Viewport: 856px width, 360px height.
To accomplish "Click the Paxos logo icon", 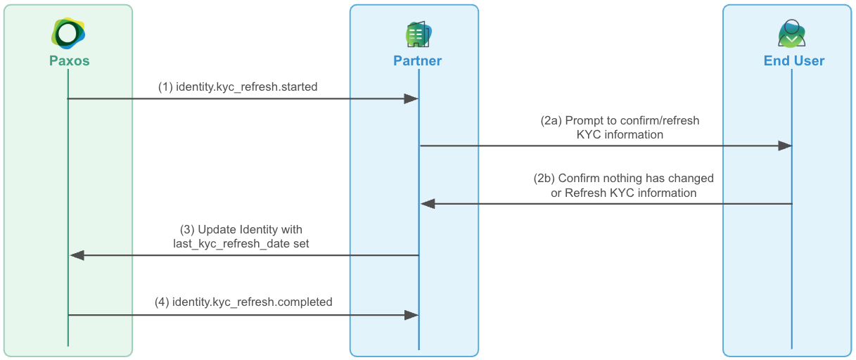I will pyautogui.click(x=68, y=32).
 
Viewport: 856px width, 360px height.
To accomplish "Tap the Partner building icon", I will pyautogui.click(x=418, y=34).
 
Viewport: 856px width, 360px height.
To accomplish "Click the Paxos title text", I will pyautogui.click(x=69, y=60).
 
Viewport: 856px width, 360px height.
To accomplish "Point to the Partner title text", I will pyautogui.click(x=418, y=60).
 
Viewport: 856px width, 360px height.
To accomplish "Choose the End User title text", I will pyautogui.click(x=793, y=60).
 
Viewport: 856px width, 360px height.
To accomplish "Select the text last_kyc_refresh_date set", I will pyautogui.click(x=241, y=243).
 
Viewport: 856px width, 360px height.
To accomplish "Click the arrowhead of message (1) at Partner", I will pyautogui.click(x=411, y=99).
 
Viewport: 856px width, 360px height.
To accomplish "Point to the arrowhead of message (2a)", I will pyautogui.click(x=785, y=146).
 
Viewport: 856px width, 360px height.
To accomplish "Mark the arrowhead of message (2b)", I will pyautogui.click(x=428, y=204).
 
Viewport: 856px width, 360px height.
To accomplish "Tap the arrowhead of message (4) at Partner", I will pyautogui.click(x=411, y=315).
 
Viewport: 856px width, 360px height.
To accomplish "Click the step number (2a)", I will pyautogui.click(x=551, y=120).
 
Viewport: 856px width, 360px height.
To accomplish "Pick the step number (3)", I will pyautogui.click(x=187, y=229).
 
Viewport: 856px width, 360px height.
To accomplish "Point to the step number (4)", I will pyautogui.click(x=162, y=302).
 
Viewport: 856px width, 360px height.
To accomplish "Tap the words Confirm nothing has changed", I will pyautogui.click(x=636, y=179).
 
